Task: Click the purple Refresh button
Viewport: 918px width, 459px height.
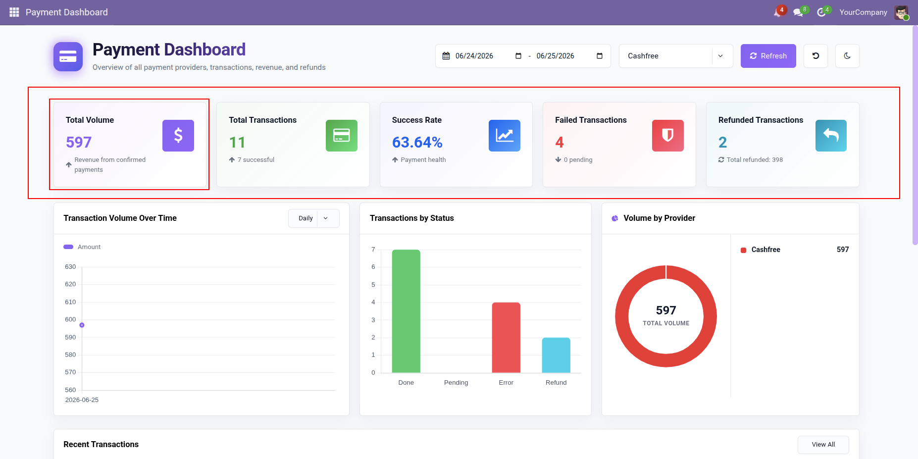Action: pos(768,56)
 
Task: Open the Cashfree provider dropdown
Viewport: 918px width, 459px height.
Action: pos(675,56)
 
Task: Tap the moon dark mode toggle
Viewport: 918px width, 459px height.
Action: pos(847,56)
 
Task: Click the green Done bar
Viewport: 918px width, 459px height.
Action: pos(406,311)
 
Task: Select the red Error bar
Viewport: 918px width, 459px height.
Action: pos(506,337)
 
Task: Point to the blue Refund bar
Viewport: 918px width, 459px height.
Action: pos(556,355)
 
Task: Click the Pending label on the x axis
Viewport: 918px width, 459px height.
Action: pos(456,383)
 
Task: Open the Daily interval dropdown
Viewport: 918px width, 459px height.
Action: pos(314,218)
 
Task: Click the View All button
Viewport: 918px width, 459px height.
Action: pos(823,445)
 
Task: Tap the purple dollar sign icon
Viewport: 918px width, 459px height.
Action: pos(178,136)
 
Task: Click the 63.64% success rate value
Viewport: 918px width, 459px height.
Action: pos(417,143)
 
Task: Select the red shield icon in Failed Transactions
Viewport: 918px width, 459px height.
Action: pos(668,136)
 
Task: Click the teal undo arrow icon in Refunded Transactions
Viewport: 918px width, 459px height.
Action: pos(831,136)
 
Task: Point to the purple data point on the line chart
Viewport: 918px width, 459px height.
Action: pos(82,325)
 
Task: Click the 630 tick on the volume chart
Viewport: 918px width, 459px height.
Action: pos(70,267)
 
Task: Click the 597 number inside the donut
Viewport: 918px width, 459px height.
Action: pos(666,310)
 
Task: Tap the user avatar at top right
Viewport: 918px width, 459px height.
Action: pos(901,12)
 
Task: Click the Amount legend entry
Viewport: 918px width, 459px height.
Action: pos(82,247)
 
